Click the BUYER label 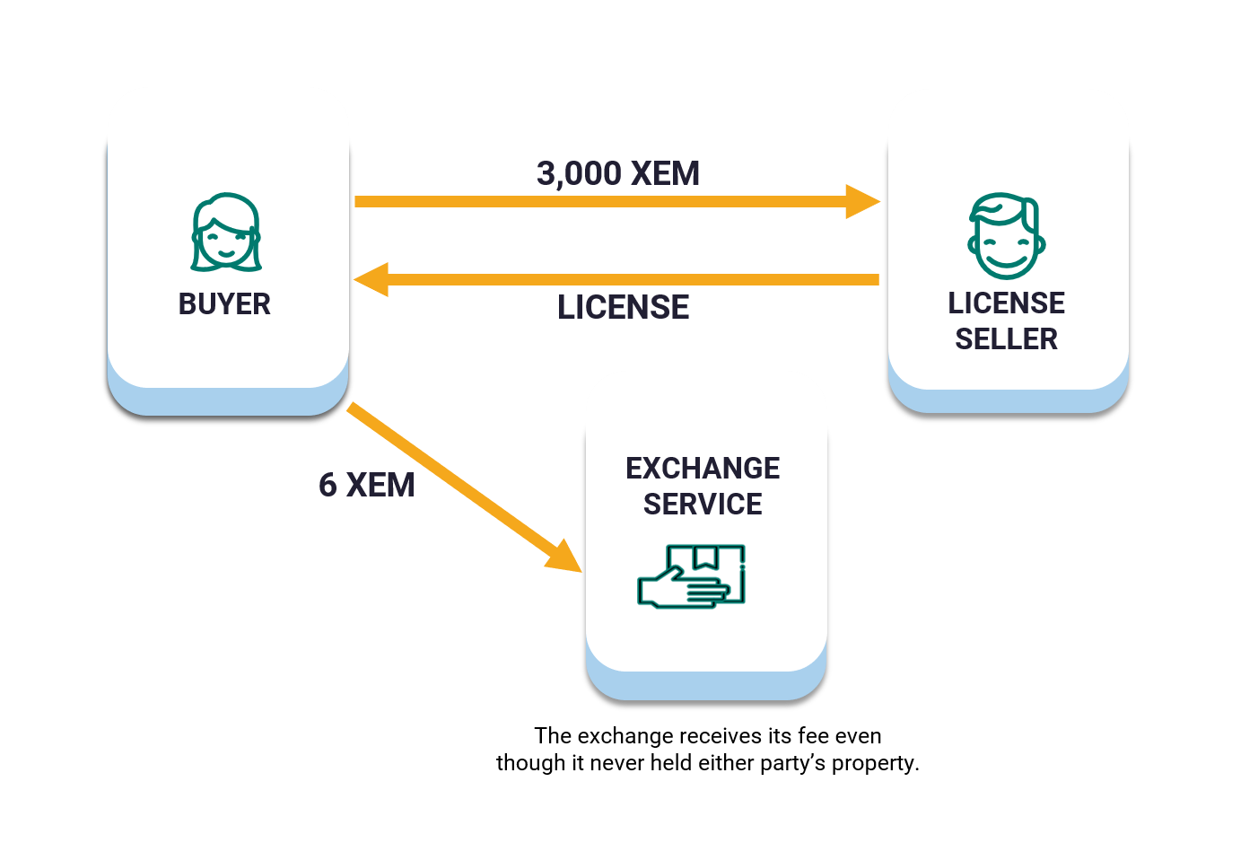(224, 304)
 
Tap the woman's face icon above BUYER (225, 233)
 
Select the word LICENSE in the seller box (1006, 303)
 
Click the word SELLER (1006, 339)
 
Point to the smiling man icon (1006, 236)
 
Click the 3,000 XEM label (618, 173)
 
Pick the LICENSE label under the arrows (623, 307)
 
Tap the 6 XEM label (366, 485)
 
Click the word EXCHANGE (703, 469)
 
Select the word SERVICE (703, 505)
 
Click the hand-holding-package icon (692, 576)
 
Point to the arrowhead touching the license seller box (862, 202)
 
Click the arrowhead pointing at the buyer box (371, 279)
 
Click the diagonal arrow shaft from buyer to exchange (449, 476)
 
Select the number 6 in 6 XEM (328, 485)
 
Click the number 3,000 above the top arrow (579, 173)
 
